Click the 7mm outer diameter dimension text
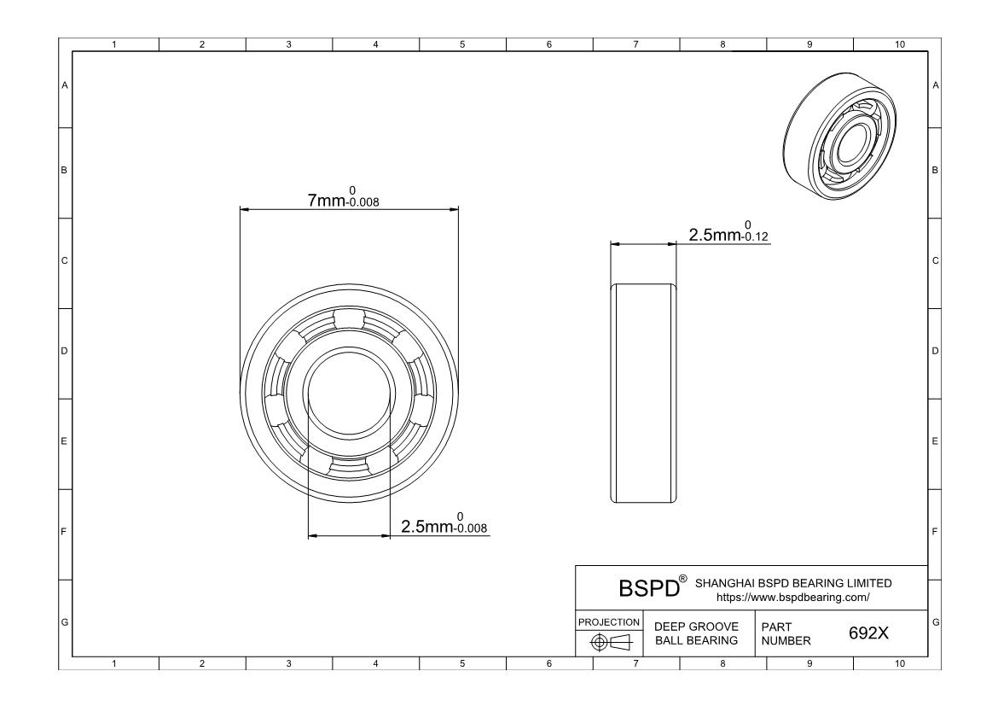click(344, 197)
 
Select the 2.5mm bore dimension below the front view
click(444, 524)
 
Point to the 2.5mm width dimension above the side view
click(728, 232)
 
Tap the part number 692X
click(868, 633)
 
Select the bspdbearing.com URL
click(792, 597)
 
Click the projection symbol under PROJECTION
click(610, 642)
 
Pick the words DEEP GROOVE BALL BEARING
click(696, 633)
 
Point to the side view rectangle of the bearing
click(643, 394)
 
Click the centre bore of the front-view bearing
click(349, 393)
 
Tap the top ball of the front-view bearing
click(349, 318)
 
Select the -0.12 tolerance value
click(755, 236)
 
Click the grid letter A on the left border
click(64, 85)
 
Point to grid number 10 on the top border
click(899, 44)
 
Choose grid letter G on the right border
click(935, 621)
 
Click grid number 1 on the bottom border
click(114, 663)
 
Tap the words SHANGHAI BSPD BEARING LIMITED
click(793, 583)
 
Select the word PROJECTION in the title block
click(609, 621)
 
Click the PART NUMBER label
click(786, 633)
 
